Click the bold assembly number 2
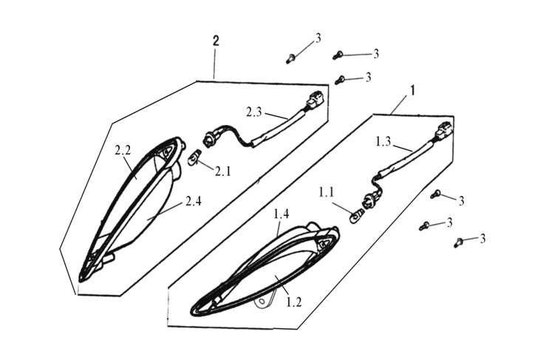tap(215, 41)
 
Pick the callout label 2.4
tap(194, 200)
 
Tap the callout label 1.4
tap(281, 214)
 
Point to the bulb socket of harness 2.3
tap(210, 138)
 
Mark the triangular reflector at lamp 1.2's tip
tap(324, 241)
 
